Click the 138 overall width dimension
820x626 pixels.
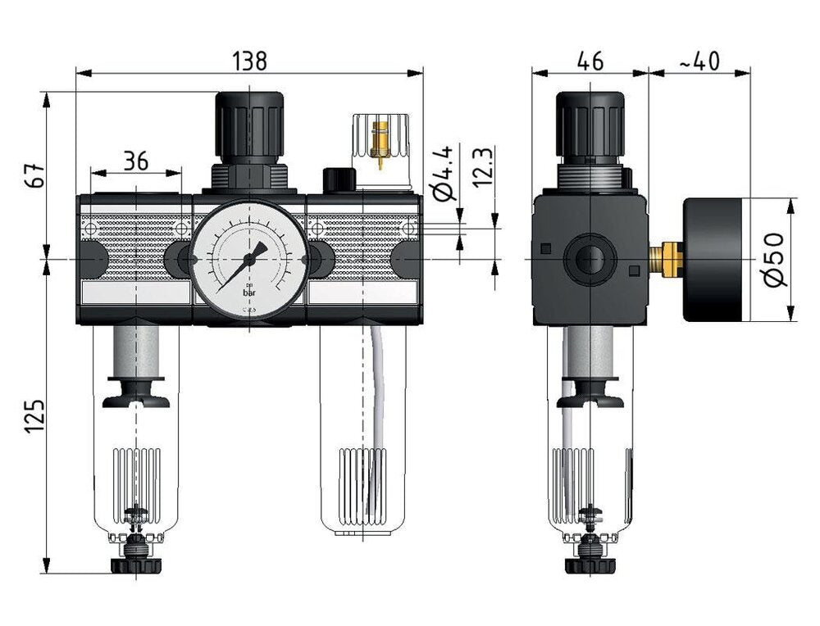pyautogui.click(x=249, y=60)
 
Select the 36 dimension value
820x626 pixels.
pyautogui.click(x=135, y=161)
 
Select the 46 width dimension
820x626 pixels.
pyautogui.click(x=590, y=60)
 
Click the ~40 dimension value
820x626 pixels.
pyautogui.click(x=699, y=60)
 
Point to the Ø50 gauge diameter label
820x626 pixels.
pyautogui.click(x=776, y=259)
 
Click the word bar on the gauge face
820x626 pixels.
pyautogui.click(x=249, y=292)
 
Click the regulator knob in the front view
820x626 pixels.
pyautogui.click(x=248, y=126)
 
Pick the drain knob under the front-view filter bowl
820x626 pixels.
pyautogui.click(x=135, y=565)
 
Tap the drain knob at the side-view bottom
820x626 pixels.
pyautogui.click(x=590, y=565)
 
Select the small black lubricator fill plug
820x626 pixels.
pyautogui.click(x=338, y=179)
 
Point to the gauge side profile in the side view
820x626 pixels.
pyautogui.click(x=716, y=259)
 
